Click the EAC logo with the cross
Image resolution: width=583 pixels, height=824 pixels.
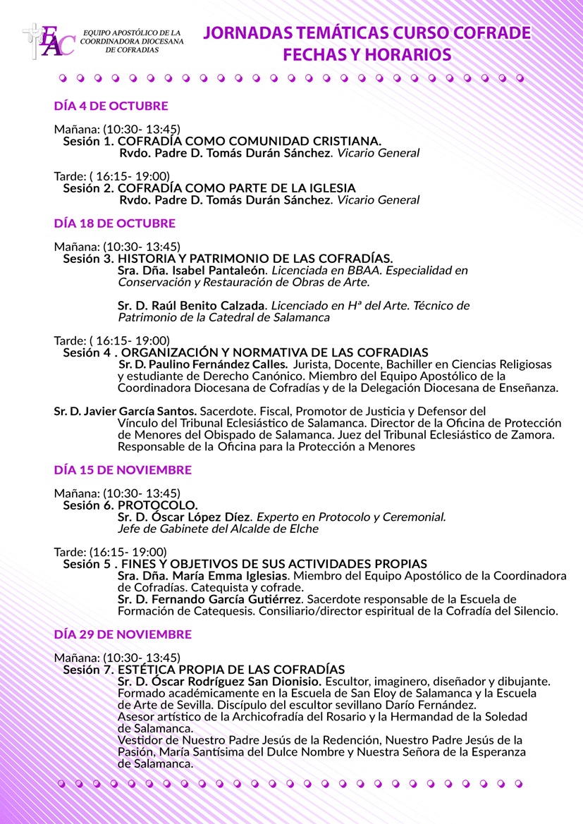[x=47, y=41]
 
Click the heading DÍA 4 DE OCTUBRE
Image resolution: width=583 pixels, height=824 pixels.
[x=111, y=106]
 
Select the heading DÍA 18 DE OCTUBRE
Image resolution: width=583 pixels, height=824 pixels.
[x=114, y=223]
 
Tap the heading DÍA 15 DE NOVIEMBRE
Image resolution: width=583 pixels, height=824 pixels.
[x=123, y=469]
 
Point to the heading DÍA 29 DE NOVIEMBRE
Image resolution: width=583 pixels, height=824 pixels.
[x=123, y=634]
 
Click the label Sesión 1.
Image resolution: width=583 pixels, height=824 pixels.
[x=89, y=141]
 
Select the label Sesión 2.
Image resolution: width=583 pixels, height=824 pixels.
[x=89, y=188]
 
